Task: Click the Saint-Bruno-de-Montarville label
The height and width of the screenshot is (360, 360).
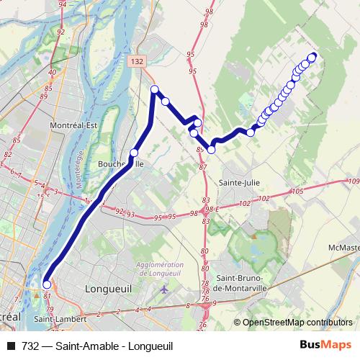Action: (243, 283)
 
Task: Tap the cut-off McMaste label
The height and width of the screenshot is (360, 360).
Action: (343, 248)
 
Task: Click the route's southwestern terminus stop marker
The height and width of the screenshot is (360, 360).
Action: (47, 284)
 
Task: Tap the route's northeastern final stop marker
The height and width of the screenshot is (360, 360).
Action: (312, 57)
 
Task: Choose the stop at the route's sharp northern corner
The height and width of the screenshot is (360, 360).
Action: (154, 89)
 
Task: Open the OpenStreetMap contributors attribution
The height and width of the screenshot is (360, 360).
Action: (297, 323)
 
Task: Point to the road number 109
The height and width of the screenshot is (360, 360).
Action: (352, 181)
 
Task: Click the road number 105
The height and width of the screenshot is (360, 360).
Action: (298, 192)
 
